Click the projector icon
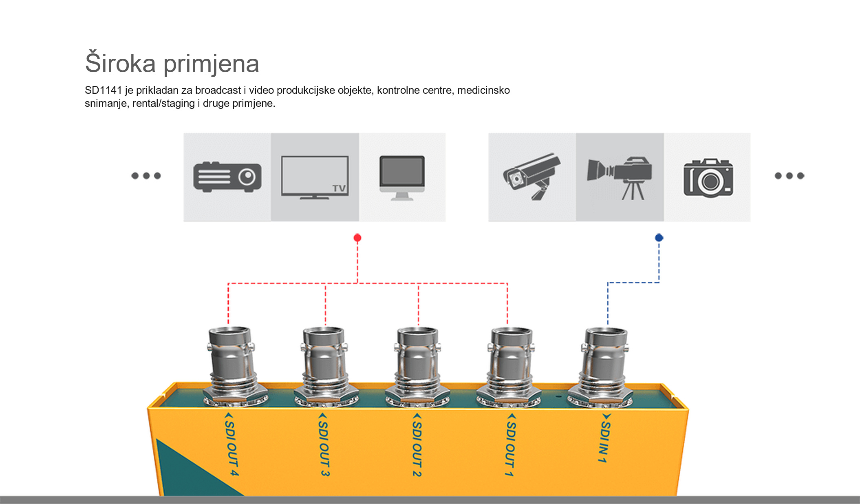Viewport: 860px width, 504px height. (227, 177)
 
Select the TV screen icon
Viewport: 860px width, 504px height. (315, 177)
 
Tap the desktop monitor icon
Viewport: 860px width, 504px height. (402, 178)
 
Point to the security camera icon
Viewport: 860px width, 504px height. (531, 176)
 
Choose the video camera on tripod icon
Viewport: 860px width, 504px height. (620, 178)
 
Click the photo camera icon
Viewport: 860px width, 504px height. (708, 178)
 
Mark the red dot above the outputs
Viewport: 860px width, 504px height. (357, 238)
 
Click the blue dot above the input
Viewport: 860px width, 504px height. (659, 237)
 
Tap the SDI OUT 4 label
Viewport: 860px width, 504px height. (231, 444)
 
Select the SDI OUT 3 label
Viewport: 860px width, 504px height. (324, 444)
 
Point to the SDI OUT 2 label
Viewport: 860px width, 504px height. (417, 444)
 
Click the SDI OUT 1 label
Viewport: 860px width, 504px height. (511, 444)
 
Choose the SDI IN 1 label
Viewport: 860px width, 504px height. (605, 438)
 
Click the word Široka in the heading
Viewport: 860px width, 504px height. (120, 63)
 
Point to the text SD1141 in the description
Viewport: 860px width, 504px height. (103, 90)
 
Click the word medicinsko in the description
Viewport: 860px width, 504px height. (483, 90)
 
